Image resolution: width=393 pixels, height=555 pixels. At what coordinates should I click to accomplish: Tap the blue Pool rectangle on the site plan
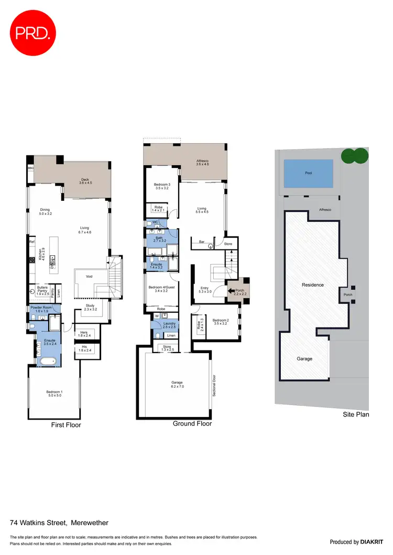coord(308,173)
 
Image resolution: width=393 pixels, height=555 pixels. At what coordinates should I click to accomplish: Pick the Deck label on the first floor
coord(85,180)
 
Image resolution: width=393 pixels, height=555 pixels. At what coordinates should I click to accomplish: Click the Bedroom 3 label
coord(161,185)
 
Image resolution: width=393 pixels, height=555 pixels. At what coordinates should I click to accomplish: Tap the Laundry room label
coord(169,323)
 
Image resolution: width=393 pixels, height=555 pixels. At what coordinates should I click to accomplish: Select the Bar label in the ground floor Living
coord(201,242)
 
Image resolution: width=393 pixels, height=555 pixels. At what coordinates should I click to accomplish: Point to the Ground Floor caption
coord(192,424)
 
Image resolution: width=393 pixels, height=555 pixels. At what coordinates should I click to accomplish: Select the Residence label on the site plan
coord(313,285)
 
